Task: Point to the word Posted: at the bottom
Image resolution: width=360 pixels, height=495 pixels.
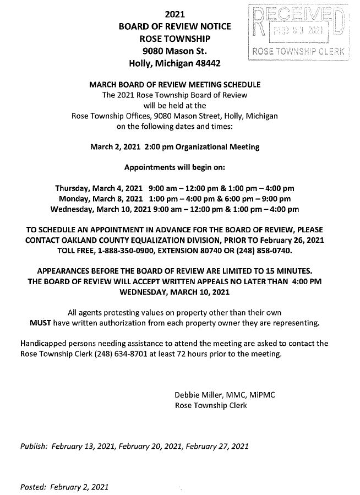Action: click(33, 487)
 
